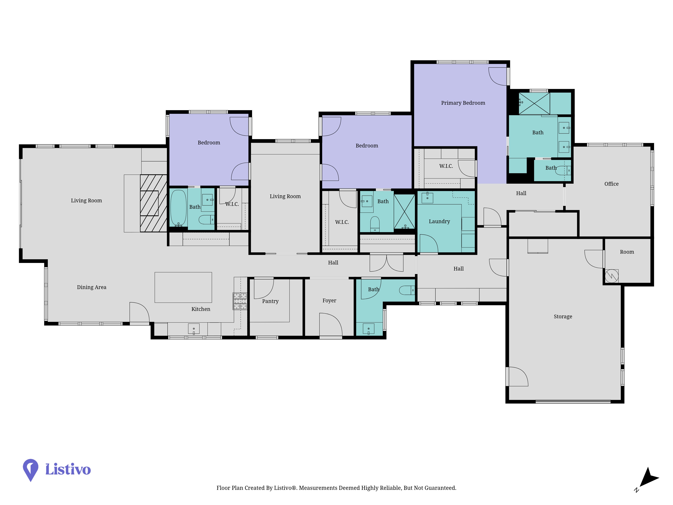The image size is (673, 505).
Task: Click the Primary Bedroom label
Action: (463, 103)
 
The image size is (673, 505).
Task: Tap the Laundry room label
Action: (439, 221)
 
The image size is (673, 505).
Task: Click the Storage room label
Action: (563, 317)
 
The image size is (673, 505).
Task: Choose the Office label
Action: (611, 184)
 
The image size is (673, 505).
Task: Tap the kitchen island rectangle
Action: (183, 287)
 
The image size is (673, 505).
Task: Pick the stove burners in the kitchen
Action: (240, 301)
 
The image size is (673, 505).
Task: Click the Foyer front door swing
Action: (331, 325)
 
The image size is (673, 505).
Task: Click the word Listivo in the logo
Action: (68, 469)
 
